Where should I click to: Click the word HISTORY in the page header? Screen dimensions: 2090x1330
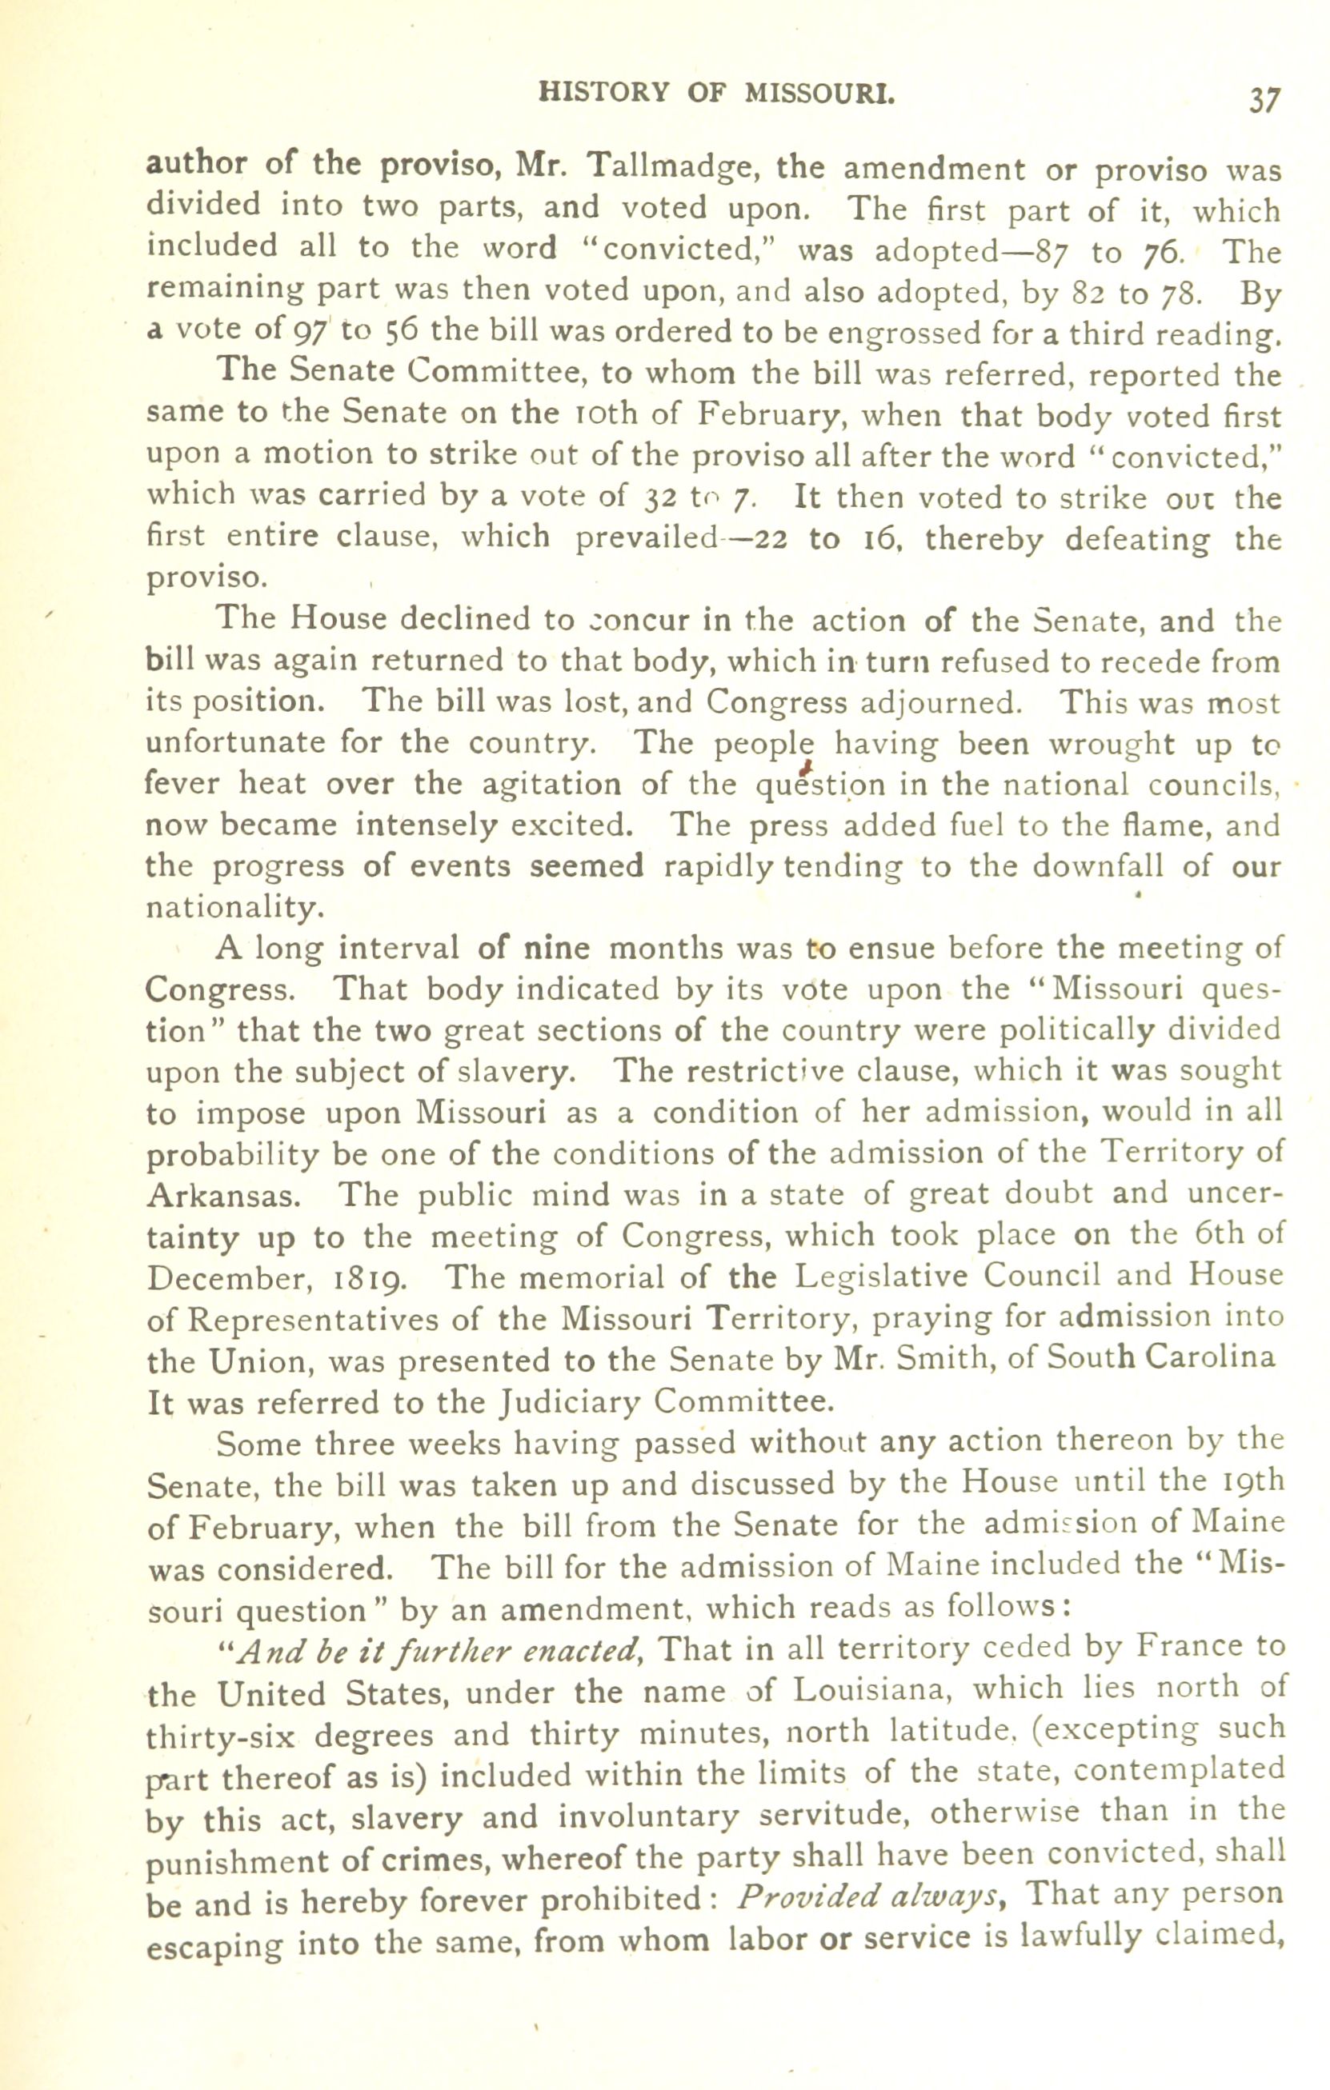[x=604, y=93]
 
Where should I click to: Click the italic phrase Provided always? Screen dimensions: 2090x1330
[x=867, y=1895]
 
